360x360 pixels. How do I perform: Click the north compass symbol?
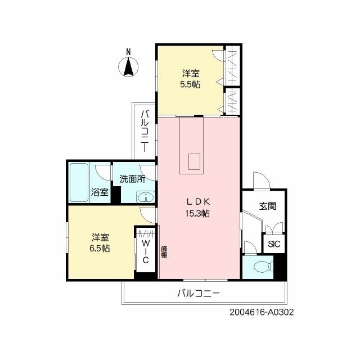128,67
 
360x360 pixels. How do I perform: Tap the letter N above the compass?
129,52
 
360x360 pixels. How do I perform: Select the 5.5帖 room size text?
190,85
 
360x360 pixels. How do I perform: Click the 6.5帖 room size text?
100,249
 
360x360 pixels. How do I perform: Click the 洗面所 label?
133,179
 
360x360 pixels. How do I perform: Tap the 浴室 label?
100,192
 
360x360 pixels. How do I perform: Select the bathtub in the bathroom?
79,182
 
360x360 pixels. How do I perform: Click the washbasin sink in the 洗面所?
146,197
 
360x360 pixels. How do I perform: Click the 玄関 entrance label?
268,206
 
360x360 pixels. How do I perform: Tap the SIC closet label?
274,244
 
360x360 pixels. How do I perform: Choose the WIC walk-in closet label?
146,251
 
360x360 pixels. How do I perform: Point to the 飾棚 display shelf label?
164,251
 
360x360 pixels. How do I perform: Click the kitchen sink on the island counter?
194,161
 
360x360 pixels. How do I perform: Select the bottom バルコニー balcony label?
199,293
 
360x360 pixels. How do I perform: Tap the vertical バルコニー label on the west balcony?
145,131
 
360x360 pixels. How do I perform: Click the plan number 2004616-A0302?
262,312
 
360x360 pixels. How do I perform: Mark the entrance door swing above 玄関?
261,181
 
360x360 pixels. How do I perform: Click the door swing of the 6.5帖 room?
148,215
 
